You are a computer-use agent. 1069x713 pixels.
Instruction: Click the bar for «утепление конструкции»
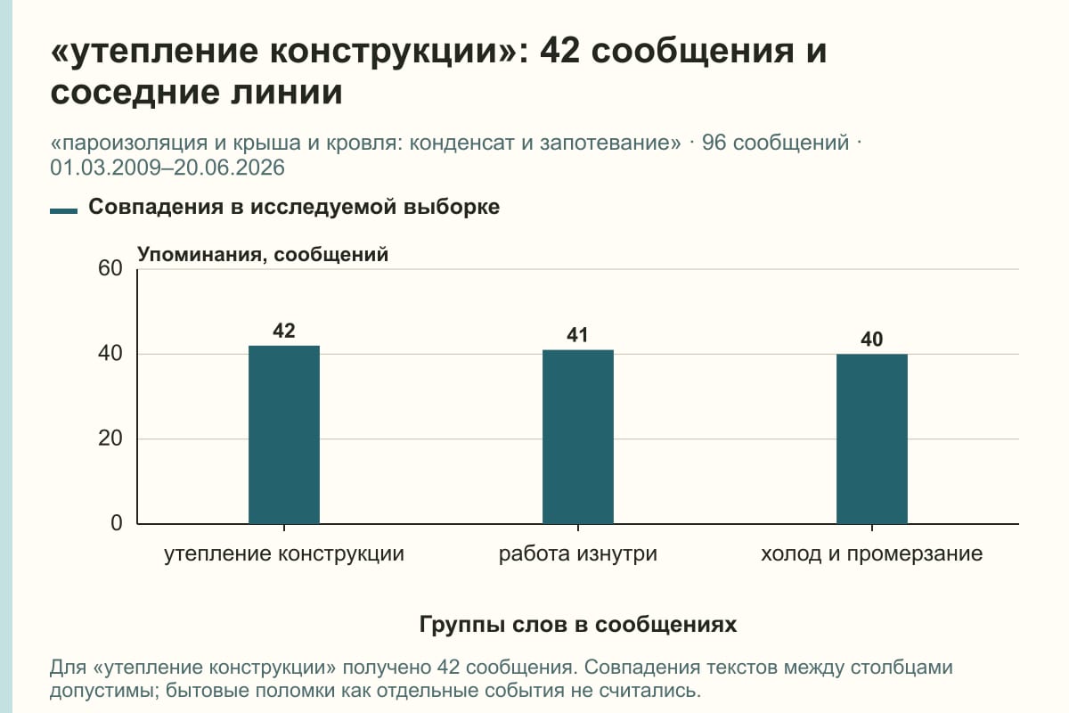coord(284,435)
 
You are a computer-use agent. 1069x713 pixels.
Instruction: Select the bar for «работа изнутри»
coord(578,437)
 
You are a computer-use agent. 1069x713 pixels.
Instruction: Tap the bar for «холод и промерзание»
coord(872,438)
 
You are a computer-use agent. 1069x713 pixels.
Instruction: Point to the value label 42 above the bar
coord(284,331)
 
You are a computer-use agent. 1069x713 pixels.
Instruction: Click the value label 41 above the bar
coord(577,335)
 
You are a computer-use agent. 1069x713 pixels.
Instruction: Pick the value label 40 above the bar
coord(872,340)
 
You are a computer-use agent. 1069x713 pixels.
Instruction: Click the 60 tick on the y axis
coord(110,268)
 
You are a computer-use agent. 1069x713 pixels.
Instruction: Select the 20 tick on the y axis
coord(110,438)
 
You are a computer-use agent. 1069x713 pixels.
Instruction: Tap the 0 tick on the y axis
coord(117,523)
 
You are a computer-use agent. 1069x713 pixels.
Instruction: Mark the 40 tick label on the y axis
coord(110,354)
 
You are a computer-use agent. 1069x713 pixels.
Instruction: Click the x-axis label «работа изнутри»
coord(578,554)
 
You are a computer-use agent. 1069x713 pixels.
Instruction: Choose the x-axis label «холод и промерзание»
coord(872,554)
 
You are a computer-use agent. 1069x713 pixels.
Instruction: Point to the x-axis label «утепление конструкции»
coord(284,554)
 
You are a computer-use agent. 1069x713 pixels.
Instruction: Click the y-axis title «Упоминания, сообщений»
coord(263,255)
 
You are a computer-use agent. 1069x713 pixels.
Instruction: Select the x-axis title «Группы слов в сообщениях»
coord(578,624)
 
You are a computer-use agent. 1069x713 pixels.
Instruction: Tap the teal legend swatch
coord(63,211)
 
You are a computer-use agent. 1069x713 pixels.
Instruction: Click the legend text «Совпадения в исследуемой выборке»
coord(294,207)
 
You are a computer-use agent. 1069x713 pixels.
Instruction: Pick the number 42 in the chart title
coord(559,51)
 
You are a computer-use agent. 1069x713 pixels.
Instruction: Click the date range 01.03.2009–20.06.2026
coord(167,168)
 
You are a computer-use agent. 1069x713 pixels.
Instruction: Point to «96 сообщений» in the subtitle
coord(776,143)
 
